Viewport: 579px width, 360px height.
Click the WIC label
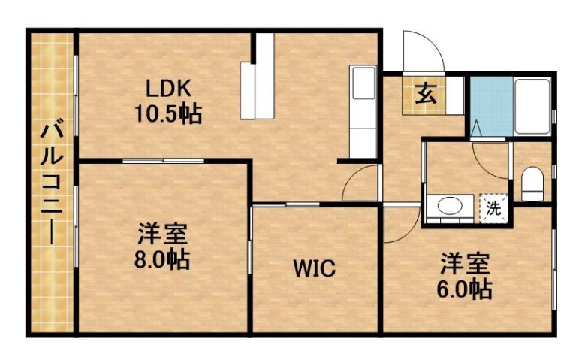pyautogui.click(x=314, y=268)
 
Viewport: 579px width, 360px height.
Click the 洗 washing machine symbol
pyautogui.click(x=493, y=207)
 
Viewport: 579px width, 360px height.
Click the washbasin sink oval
pyautogui.click(x=450, y=207)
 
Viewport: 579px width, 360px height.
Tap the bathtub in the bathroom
pyautogui.click(x=533, y=105)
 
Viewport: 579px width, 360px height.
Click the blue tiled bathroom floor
pyautogui.click(x=490, y=105)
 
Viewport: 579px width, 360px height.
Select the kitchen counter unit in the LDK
pyautogui.click(x=363, y=113)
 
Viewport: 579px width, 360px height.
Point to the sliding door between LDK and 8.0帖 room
pyautogui.click(x=162, y=161)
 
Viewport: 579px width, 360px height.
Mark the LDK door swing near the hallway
pyautogui.click(x=360, y=183)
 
